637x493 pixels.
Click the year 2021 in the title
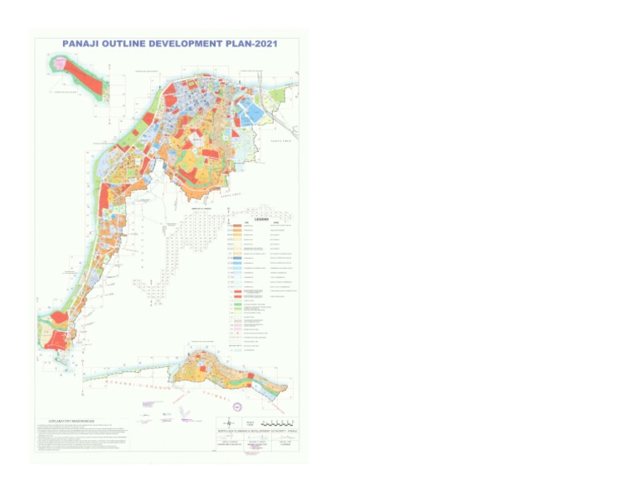tap(268, 43)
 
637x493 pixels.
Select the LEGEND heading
tap(261, 219)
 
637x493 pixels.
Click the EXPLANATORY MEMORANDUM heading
tap(66, 421)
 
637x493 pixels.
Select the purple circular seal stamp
tap(238, 406)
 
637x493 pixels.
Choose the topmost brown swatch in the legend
tap(237, 226)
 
